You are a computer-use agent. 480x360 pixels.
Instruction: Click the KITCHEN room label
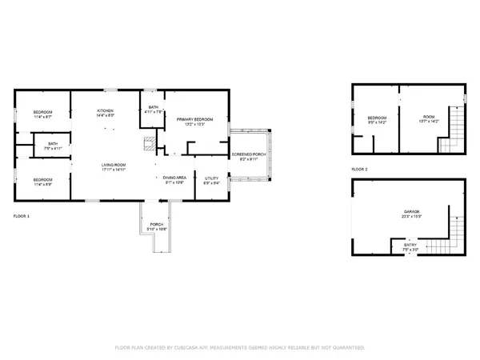click(106, 110)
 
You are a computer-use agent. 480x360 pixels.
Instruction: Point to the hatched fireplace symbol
click(147, 145)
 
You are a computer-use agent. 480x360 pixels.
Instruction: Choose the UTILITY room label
click(212, 178)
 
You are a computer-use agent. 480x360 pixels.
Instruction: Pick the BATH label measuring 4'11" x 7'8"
click(153, 108)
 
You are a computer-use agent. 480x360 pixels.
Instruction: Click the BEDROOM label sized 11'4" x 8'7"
click(43, 111)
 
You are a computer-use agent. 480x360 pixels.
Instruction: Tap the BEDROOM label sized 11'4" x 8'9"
click(43, 180)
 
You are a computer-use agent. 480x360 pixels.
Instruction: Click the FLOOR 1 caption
click(22, 217)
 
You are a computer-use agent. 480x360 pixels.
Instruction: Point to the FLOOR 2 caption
click(359, 170)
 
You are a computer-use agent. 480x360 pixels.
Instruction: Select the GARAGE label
click(411, 211)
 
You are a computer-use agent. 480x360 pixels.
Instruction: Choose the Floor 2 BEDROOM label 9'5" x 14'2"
click(378, 118)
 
